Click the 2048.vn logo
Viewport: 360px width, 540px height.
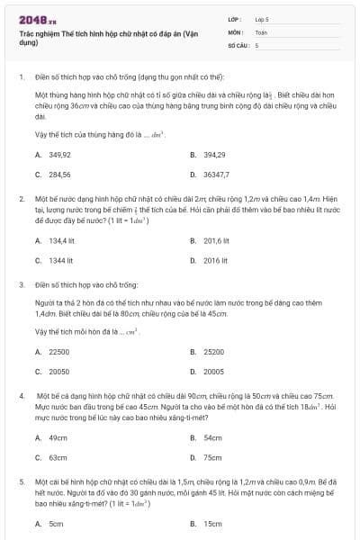click(37, 18)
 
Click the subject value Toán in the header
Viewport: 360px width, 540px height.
click(261, 31)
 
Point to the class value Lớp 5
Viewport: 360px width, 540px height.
click(262, 18)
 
